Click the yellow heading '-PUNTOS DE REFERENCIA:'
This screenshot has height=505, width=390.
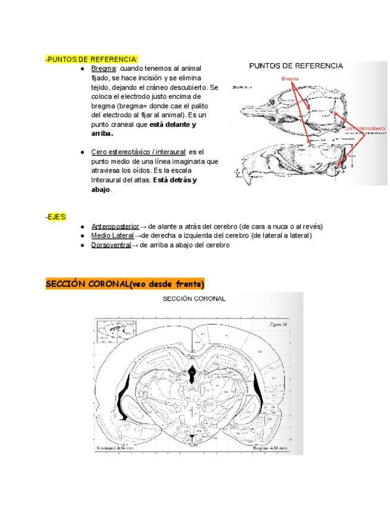click(92, 60)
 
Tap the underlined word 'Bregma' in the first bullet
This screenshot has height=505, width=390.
click(102, 69)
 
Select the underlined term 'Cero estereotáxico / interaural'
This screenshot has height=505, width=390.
click(138, 152)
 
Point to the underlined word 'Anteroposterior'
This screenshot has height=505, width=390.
click(115, 227)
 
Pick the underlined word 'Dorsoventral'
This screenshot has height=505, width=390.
click(111, 245)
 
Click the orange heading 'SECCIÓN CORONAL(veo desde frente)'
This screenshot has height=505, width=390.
click(125, 283)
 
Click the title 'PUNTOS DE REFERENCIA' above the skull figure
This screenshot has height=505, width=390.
click(296, 66)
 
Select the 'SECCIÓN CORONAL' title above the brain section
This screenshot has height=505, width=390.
click(194, 299)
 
